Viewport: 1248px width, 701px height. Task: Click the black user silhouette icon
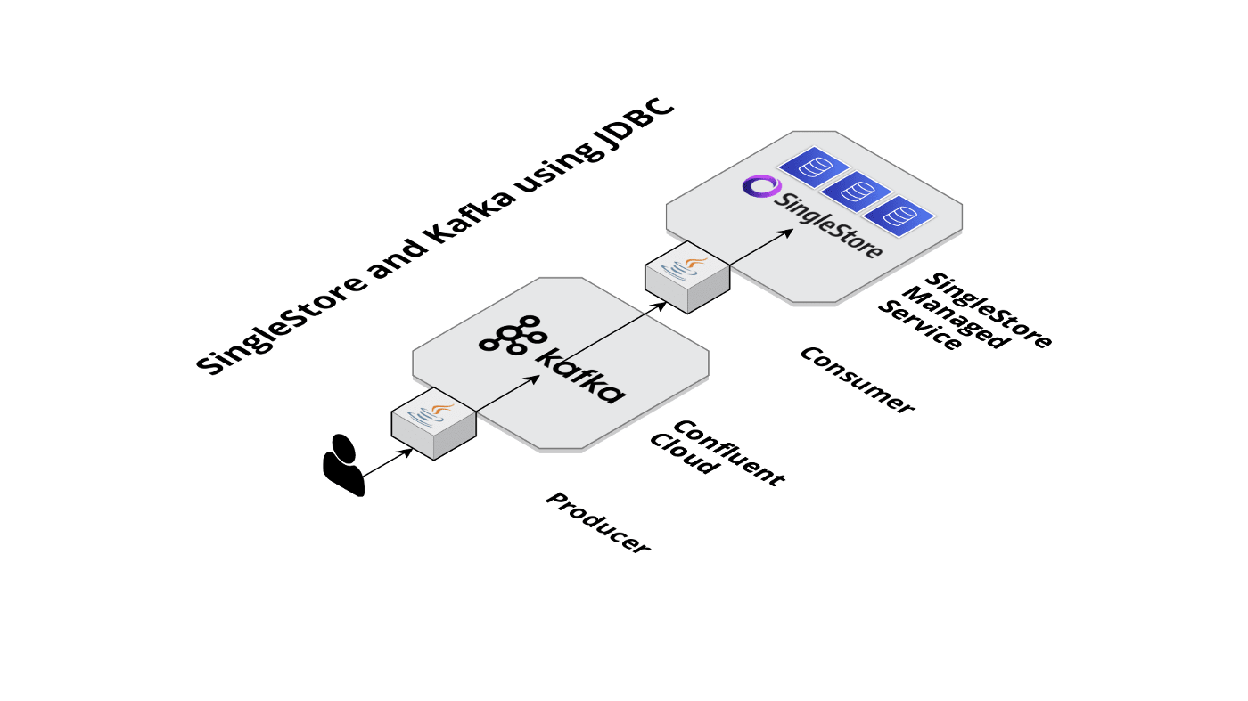click(x=343, y=464)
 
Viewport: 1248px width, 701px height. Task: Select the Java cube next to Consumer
click(x=687, y=276)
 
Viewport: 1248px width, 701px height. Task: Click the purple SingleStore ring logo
click(x=762, y=185)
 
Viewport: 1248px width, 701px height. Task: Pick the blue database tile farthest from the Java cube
click(x=811, y=167)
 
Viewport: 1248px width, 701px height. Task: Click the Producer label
click(x=597, y=524)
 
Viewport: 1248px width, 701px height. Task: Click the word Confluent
click(x=728, y=453)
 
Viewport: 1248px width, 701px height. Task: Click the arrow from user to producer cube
click(x=388, y=461)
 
